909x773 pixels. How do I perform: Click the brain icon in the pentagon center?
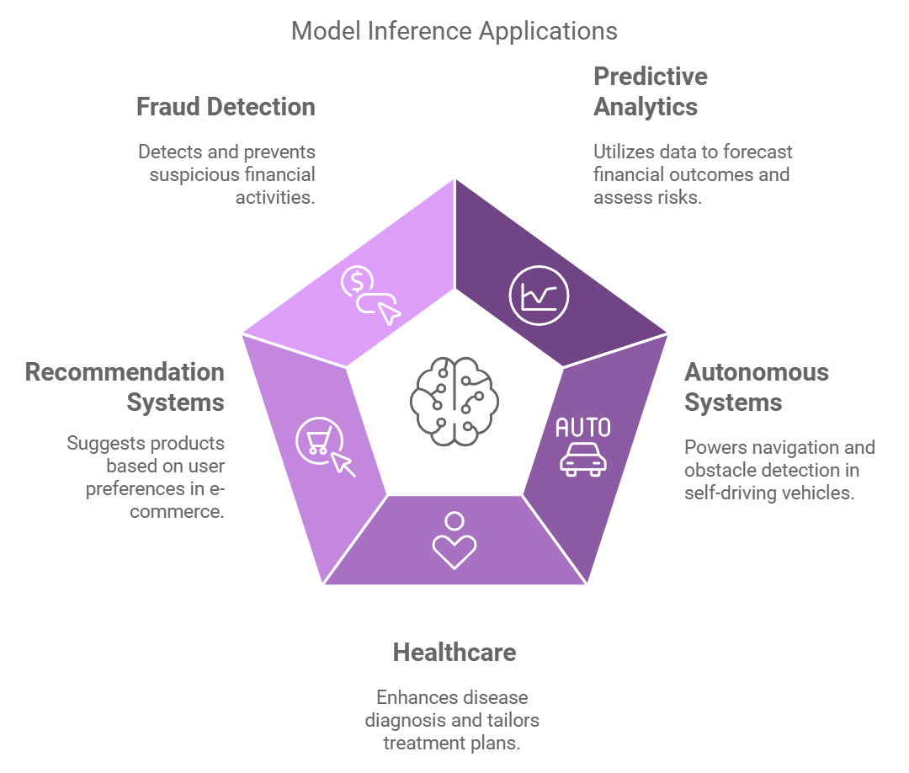454,395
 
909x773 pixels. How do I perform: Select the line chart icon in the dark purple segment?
539,296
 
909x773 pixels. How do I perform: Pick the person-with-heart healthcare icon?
454,541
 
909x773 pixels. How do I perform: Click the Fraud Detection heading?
226,107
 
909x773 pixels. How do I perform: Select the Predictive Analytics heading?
650,92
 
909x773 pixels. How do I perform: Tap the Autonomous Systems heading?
744,387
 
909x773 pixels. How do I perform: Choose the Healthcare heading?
454,653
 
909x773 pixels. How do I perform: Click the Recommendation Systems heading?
125,387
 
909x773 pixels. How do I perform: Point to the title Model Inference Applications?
454,31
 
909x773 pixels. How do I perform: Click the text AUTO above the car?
583,428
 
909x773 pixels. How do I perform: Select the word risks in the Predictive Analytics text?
679,198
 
